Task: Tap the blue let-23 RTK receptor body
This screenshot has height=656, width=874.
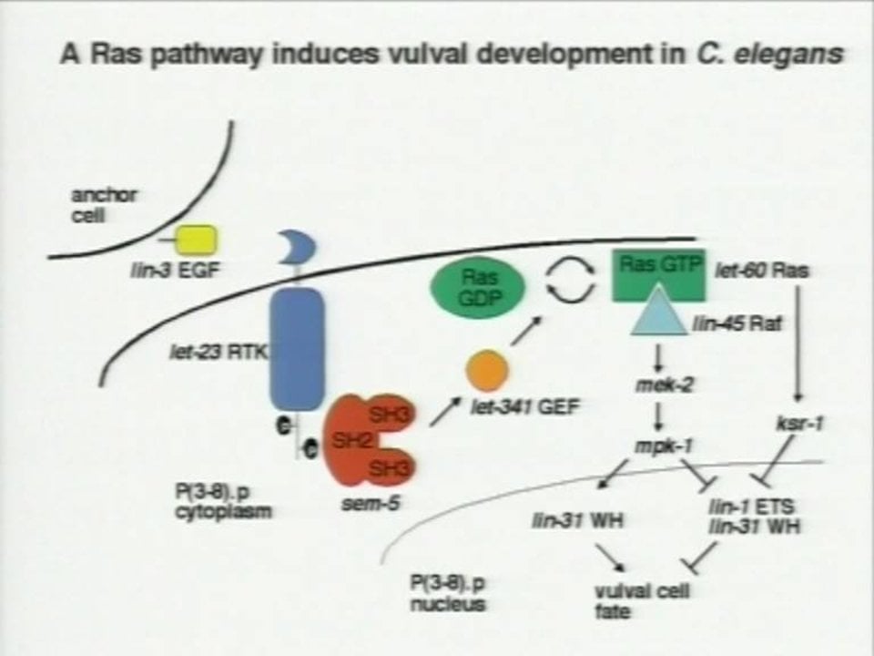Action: [297, 351]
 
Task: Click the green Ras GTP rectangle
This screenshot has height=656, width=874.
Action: [660, 273]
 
